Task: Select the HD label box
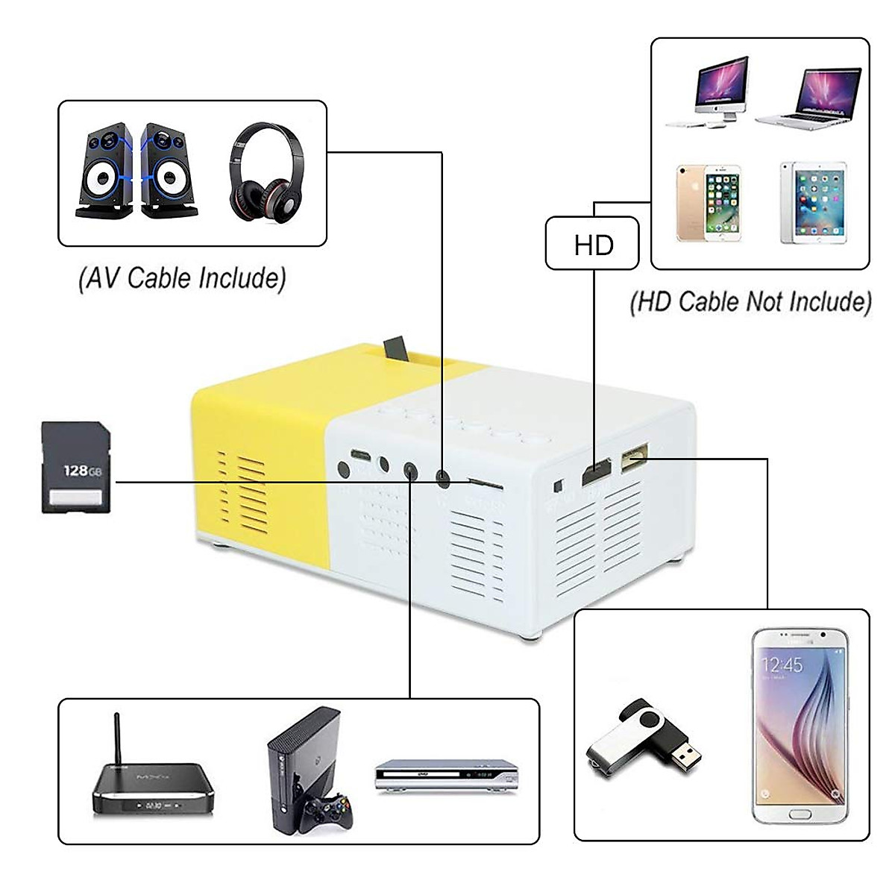tap(592, 243)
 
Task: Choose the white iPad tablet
tap(814, 203)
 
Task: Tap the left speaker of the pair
tap(105, 172)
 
